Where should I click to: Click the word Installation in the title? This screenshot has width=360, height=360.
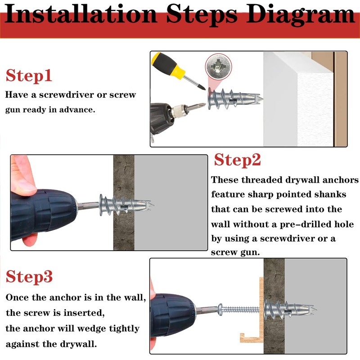click(81, 14)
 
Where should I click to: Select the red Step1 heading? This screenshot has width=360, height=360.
click(29, 76)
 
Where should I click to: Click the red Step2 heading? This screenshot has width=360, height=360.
click(238, 160)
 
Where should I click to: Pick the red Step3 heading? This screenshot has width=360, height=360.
click(29, 276)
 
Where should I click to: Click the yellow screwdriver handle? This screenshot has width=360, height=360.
click(168, 65)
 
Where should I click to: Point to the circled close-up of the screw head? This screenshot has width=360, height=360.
click(219, 67)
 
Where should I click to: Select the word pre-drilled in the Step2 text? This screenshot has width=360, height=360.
click(306, 224)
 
